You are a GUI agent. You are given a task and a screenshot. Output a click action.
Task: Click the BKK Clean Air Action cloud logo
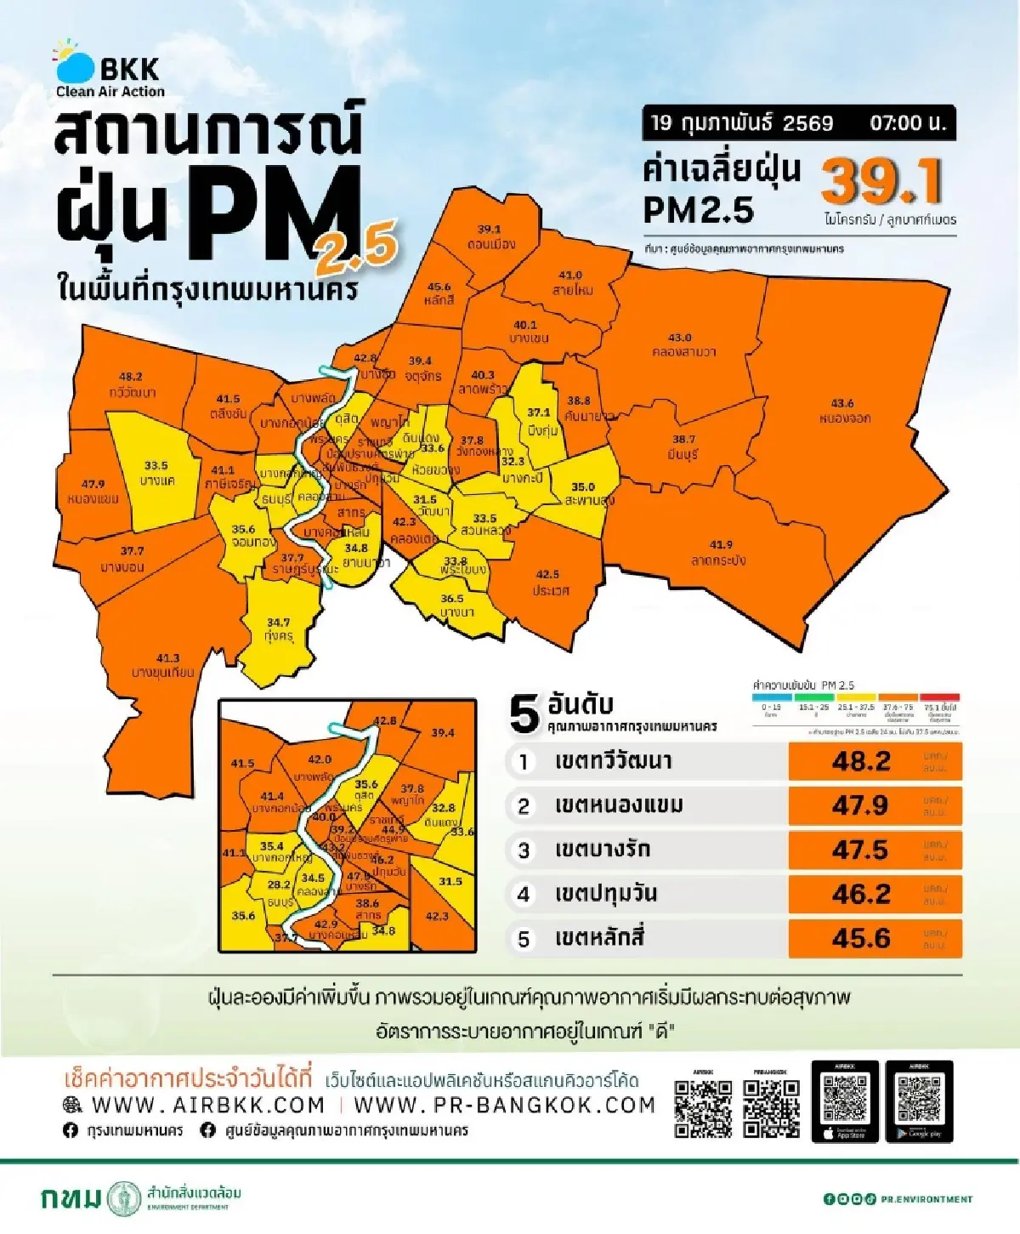pyautogui.click(x=76, y=61)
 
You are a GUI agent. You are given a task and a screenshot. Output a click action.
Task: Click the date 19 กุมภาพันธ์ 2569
pyautogui.click(x=741, y=123)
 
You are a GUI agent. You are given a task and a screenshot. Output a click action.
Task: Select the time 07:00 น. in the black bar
pyautogui.click(x=907, y=123)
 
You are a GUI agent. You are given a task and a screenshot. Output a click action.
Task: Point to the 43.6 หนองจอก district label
pyautogui.click(x=844, y=411)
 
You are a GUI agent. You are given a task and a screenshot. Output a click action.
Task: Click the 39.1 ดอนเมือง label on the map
pyautogui.click(x=490, y=237)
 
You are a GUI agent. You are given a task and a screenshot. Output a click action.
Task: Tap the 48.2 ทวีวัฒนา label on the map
pyautogui.click(x=132, y=384)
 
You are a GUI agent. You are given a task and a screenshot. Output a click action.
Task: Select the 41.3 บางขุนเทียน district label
pyautogui.click(x=163, y=665)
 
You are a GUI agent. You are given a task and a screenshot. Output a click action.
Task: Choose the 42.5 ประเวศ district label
pyautogui.click(x=548, y=583)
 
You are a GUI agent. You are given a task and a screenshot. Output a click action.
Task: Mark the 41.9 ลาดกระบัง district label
pyautogui.click(x=720, y=553)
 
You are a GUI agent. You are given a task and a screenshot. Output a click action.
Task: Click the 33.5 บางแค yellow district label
pyautogui.click(x=156, y=474)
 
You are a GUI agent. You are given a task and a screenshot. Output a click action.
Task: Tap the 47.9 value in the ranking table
pyautogui.click(x=860, y=805)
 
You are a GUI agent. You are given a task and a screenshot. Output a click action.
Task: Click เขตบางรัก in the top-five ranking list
pyautogui.click(x=602, y=850)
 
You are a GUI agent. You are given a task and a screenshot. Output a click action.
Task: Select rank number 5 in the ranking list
pyautogui.click(x=524, y=939)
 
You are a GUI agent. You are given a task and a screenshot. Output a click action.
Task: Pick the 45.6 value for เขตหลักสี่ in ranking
pyautogui.click(x=860, y=938)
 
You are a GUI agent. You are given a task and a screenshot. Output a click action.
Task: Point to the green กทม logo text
pyautogui.click(x=71, y=1198)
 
